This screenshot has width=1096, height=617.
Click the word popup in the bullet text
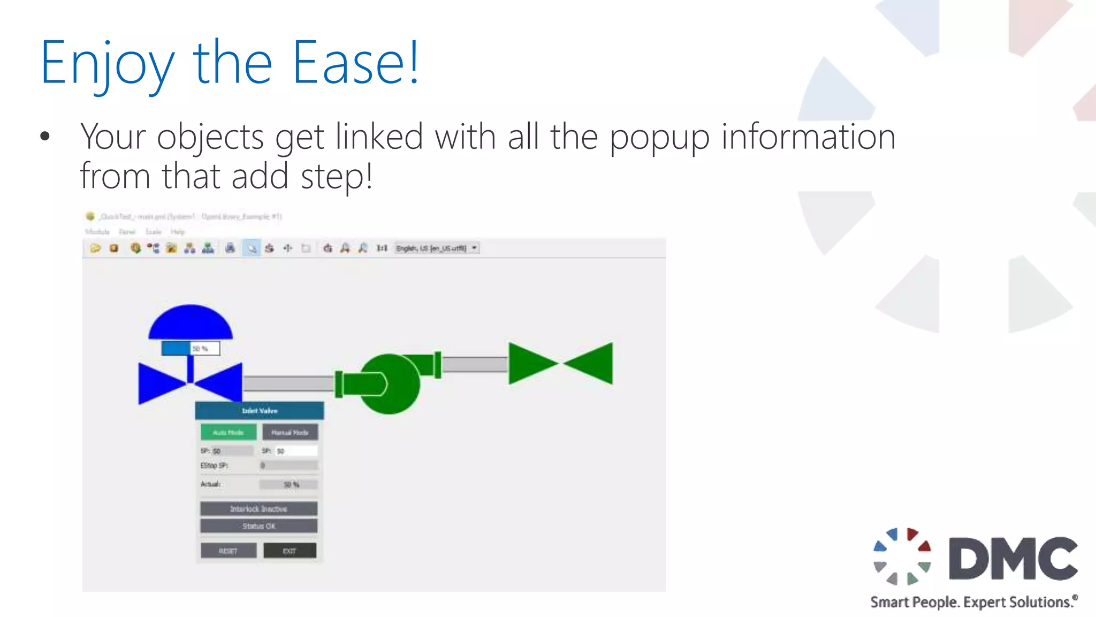click(x=660, y=137)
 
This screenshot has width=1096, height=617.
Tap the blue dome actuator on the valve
click(x=191, y=322)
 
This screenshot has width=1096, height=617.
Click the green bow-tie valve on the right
click(x=560, y=364)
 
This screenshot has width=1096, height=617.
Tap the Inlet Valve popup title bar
click(x=260, y=411)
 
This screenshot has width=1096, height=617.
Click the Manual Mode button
click(x=290, y=432)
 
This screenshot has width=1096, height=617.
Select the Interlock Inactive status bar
click(x=259, y=508)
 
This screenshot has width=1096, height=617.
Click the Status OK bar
click(x=259, y=526)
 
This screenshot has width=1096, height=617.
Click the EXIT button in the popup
click(x=290, y=551)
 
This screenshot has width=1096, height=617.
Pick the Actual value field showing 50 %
click(x=289, y=485)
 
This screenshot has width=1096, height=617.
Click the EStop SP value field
click(x=289, y=465)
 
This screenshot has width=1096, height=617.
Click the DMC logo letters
click(x=1013, y=559)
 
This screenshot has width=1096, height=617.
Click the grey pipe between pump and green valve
click(x=475, y=364)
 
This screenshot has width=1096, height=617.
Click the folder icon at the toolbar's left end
click(x=95, y=249)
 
